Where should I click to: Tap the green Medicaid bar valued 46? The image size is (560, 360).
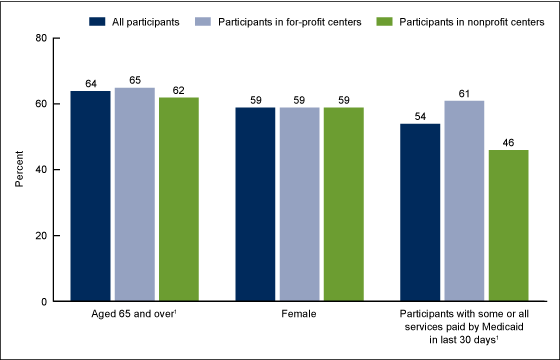[x=509, y=225]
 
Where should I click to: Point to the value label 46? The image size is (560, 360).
[x=509, y=142]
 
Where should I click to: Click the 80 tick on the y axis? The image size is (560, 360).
[x=41, y=38]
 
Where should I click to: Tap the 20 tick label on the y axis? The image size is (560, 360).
[x=41, y=236]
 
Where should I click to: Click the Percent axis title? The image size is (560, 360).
[x=18, y=170]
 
